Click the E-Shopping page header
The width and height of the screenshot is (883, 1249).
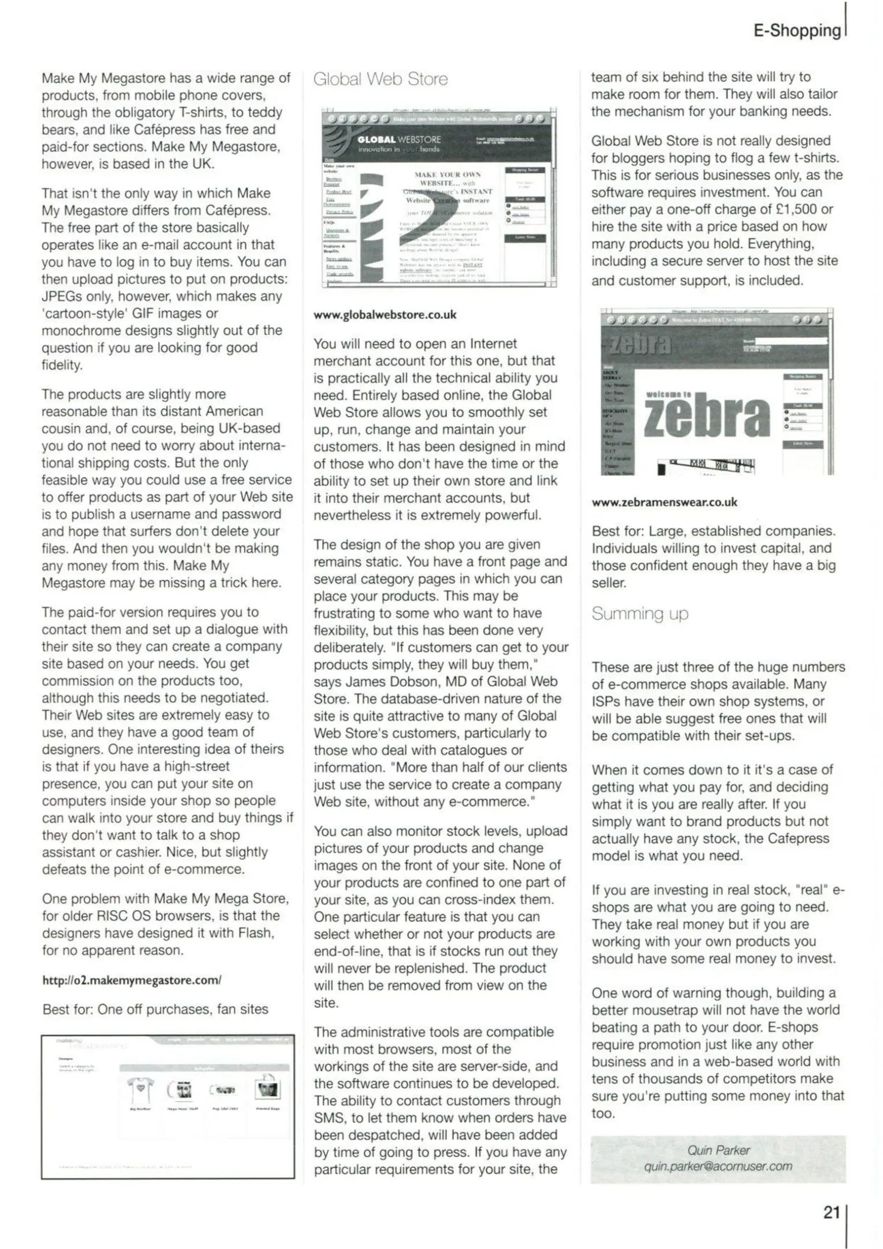pyautogui.click(x=797, y=31)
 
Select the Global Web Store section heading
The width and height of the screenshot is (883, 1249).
pyautogui.click(x=380, y=79)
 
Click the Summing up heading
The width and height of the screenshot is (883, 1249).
pyautogui.click(x=640, y=614)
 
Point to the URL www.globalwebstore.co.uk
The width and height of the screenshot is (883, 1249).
pyautogui.click(x=385, y=315)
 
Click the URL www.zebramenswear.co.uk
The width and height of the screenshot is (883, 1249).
pyautogui.click(x=664, y=502)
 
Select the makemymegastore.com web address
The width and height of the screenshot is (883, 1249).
pyautogui.click(x=132, y=980)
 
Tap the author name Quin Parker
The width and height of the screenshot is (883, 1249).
pyautogui.click(x=718, y=1150)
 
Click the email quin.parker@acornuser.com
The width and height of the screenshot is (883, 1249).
pyautogui.click(x=718, y=1166)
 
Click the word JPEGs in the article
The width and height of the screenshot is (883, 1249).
pyautogui.click(x=64, y=297)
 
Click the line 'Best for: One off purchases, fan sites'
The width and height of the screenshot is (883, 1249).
pyautogui.click(x=155, y=1010)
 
